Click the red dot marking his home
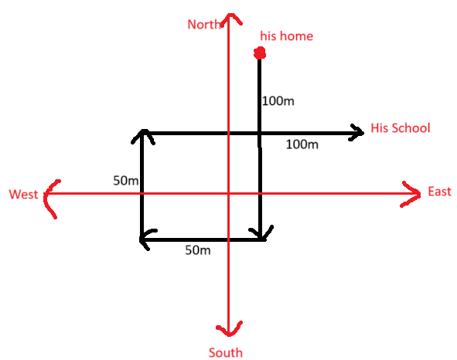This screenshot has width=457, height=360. coord(260,53)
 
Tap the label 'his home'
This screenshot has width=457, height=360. coord(287,36)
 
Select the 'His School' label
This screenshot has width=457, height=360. coord(401,128)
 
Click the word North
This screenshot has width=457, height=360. coord(205,24)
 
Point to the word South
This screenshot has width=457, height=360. coord(226,352)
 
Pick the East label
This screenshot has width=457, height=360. coord(439,192)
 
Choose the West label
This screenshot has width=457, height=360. coord(23,194)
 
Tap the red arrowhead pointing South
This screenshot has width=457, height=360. coord(230,329)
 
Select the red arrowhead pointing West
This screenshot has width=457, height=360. coord(50,198)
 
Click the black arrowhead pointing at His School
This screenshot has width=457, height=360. coord(357,133)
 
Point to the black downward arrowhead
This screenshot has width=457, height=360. coord(261,233)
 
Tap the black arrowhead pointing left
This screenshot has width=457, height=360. coord(147,239)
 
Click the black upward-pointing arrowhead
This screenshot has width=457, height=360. coord(143,135)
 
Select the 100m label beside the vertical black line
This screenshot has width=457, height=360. coord(278,101)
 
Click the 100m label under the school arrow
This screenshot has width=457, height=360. coord(302,144)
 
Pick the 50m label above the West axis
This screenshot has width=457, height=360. coord(125,181)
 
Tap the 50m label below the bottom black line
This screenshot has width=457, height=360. coord(198,250)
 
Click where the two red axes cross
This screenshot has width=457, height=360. coord(229,193)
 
